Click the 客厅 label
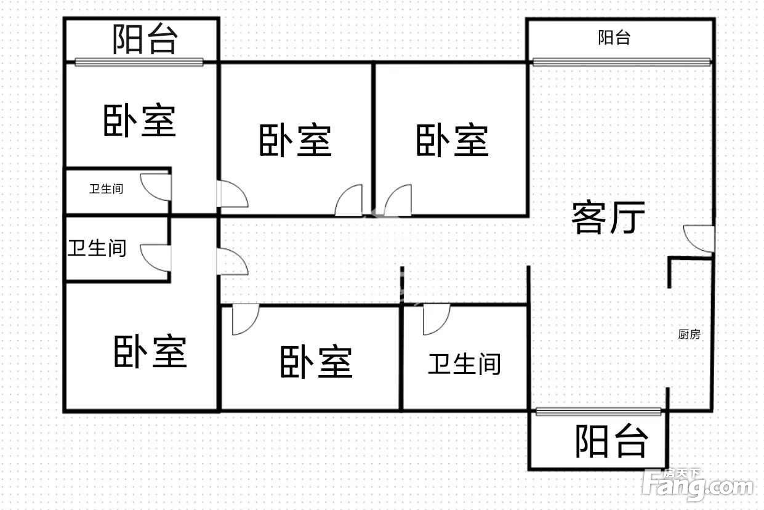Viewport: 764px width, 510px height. click(x=608, y=217)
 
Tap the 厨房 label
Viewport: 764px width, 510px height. click(x=689, y=334)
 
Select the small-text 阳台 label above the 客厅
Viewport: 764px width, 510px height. click(x=614, y=38)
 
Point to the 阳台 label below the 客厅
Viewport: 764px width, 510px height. click(x=611, y=441)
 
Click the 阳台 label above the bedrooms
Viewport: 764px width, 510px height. click(x=145, y=39)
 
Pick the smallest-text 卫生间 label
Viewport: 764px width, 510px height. click(x=106, y=188)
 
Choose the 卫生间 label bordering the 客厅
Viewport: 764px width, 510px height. click(x=464, y=364)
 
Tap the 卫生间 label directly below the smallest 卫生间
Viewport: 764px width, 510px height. click(x=97, y=248)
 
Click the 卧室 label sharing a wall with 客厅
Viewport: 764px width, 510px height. click(x=452, y=141)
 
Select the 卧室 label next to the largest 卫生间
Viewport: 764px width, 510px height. click(x=316, y=362)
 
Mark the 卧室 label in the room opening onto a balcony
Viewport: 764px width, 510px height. click(x=139, y=121)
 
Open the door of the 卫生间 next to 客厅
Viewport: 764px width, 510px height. click(x=436, y=319)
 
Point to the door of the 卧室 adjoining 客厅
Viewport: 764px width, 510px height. click(x=397, y=200)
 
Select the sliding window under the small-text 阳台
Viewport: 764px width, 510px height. click(x=621, y=61)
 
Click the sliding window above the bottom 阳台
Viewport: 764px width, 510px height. click(x=598, y=411)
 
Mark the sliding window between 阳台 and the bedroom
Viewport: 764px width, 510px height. click(x=139, y=62)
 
